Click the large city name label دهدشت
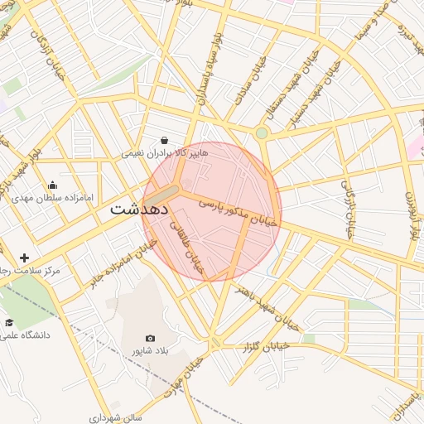(x=138, y=210)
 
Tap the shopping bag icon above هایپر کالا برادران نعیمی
(x=165, y=140)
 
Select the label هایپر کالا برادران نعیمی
(x=165, y=153)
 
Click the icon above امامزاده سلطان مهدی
(x=53, y=185)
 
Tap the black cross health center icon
(x=24, y=258)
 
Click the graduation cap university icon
(x=9, y=323)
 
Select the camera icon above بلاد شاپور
(x=150, y=338)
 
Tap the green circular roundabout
(x=262, y=132)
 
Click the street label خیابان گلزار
(x=267, y=345)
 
